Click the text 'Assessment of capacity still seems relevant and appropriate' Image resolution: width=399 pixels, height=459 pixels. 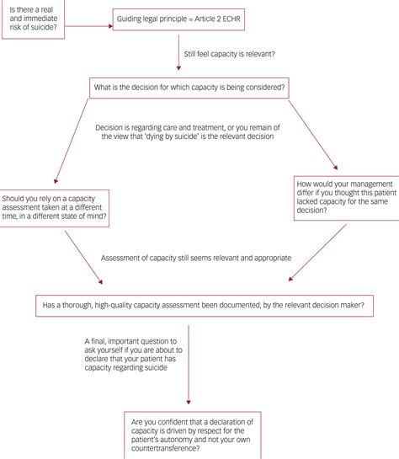tap(195, 258)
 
